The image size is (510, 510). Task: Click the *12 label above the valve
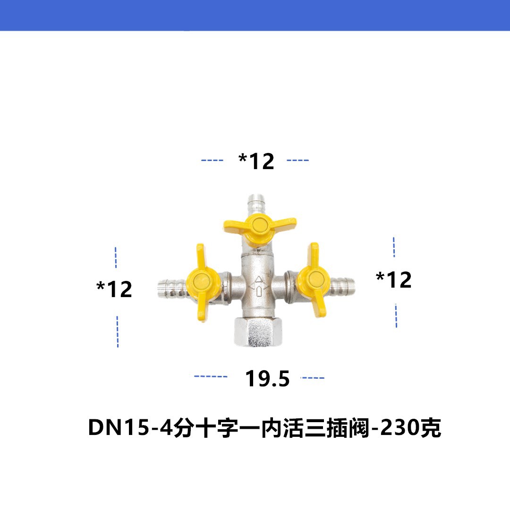click(x=256, y=161)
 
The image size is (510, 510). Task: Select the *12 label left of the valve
click(x=114, y=289)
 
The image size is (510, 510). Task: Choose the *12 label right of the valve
click(x=394, y=280)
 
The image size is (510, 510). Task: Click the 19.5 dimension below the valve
click(x=267, y=378)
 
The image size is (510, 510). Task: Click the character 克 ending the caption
click(x=431, y=429)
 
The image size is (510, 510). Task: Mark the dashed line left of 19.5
click(x=211, y=377)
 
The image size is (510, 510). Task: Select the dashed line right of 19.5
click(x=313, y=378)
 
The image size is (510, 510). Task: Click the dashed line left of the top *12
click(x=212, y=161)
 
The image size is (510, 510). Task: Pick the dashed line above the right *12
click(x=394, y=247)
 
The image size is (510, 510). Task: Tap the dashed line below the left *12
click(x=117, y=331)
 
